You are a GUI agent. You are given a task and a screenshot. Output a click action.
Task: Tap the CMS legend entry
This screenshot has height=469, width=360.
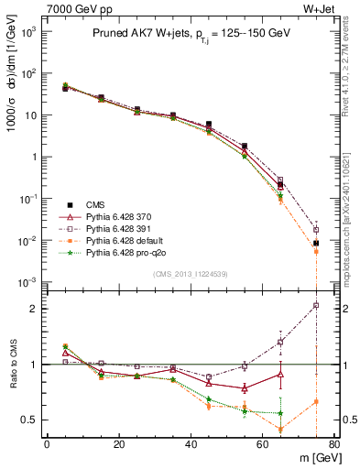[x=96, y=204]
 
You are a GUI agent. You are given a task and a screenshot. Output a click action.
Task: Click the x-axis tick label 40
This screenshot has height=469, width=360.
[x=190, y=445]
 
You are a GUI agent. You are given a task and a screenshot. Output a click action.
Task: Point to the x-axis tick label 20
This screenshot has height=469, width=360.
[x=118, y=445]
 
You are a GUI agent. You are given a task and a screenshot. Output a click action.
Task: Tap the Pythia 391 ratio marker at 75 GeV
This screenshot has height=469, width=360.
[x=316, y=306]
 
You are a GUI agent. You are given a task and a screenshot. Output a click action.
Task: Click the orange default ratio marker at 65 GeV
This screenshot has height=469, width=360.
[x=280, y=430]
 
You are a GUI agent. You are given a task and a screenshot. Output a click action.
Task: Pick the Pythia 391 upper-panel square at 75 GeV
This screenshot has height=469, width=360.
[x=316, y=230]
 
